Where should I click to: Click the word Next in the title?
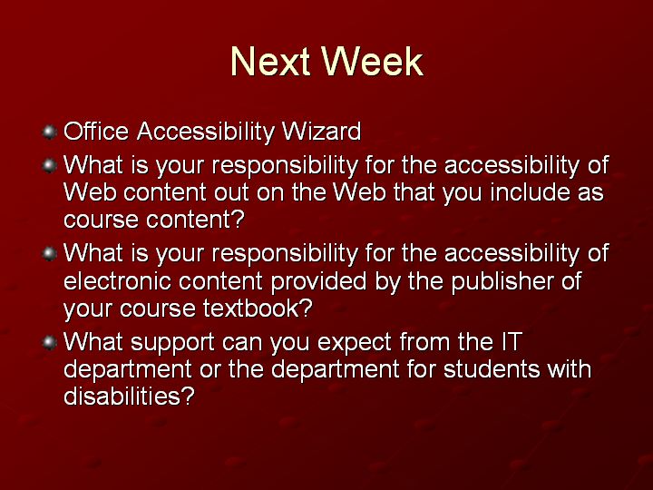tap(270, 62)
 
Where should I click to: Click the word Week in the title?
tap(373, 62)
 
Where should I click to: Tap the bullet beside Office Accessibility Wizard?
tap(49, 132)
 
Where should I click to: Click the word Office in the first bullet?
tap(96, 132)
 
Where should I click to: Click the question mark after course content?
tap(239, 220)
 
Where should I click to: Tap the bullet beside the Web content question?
tap(49, 165)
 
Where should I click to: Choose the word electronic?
tap(117, 280)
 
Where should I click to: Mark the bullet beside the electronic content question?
tap(49, 254)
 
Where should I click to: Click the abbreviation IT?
tap(512, 342)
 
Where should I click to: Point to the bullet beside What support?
tap(49, 342)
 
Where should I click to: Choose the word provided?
tap(318, 282)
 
